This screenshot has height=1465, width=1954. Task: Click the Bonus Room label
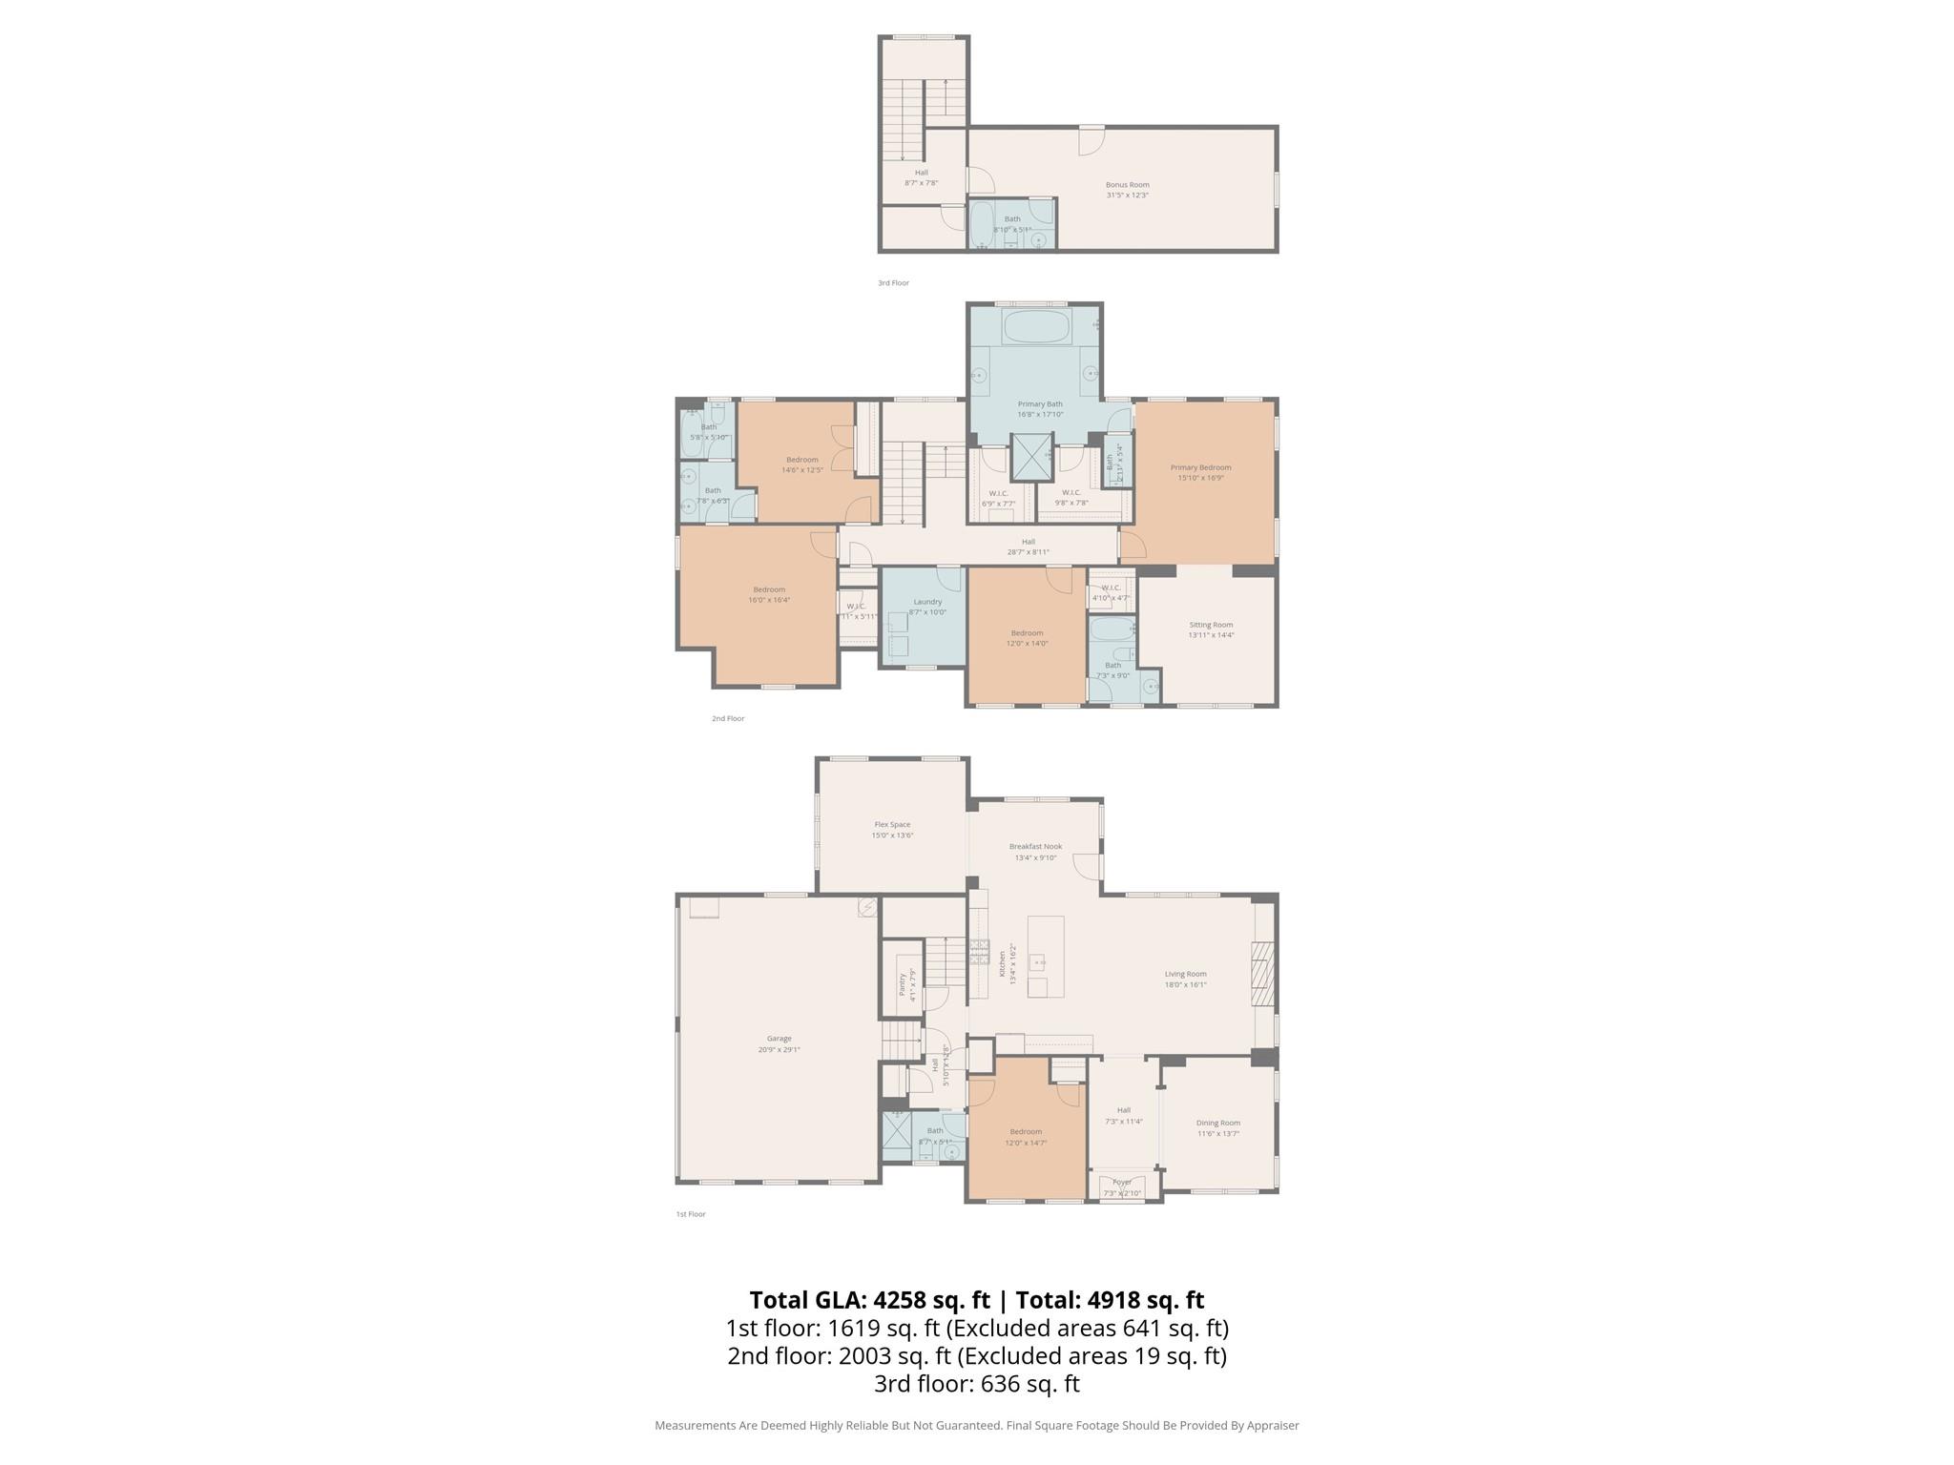coord(1127,185)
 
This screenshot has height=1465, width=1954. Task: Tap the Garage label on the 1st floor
coord(779,1039)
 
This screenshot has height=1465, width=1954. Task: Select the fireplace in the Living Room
coord(1262,974)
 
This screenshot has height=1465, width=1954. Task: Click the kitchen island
coord(1046,956)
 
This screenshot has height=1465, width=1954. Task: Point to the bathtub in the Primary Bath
coord(1036,326)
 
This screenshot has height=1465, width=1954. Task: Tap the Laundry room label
coord(926,602)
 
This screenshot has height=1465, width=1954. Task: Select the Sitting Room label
coord(1210,625)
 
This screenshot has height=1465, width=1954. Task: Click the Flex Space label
coord(892,825)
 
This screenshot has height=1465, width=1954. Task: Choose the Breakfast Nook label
coord(1035,847)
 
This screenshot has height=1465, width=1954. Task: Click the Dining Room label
coord(1217,1123)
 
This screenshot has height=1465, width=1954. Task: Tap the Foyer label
coord(1122,1183)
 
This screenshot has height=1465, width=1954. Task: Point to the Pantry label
coord(903,984)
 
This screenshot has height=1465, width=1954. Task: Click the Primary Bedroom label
coord(1200,467)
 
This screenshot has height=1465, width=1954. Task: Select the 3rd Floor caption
coord(893,283)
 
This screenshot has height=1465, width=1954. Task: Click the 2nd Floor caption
coord(727,718)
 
